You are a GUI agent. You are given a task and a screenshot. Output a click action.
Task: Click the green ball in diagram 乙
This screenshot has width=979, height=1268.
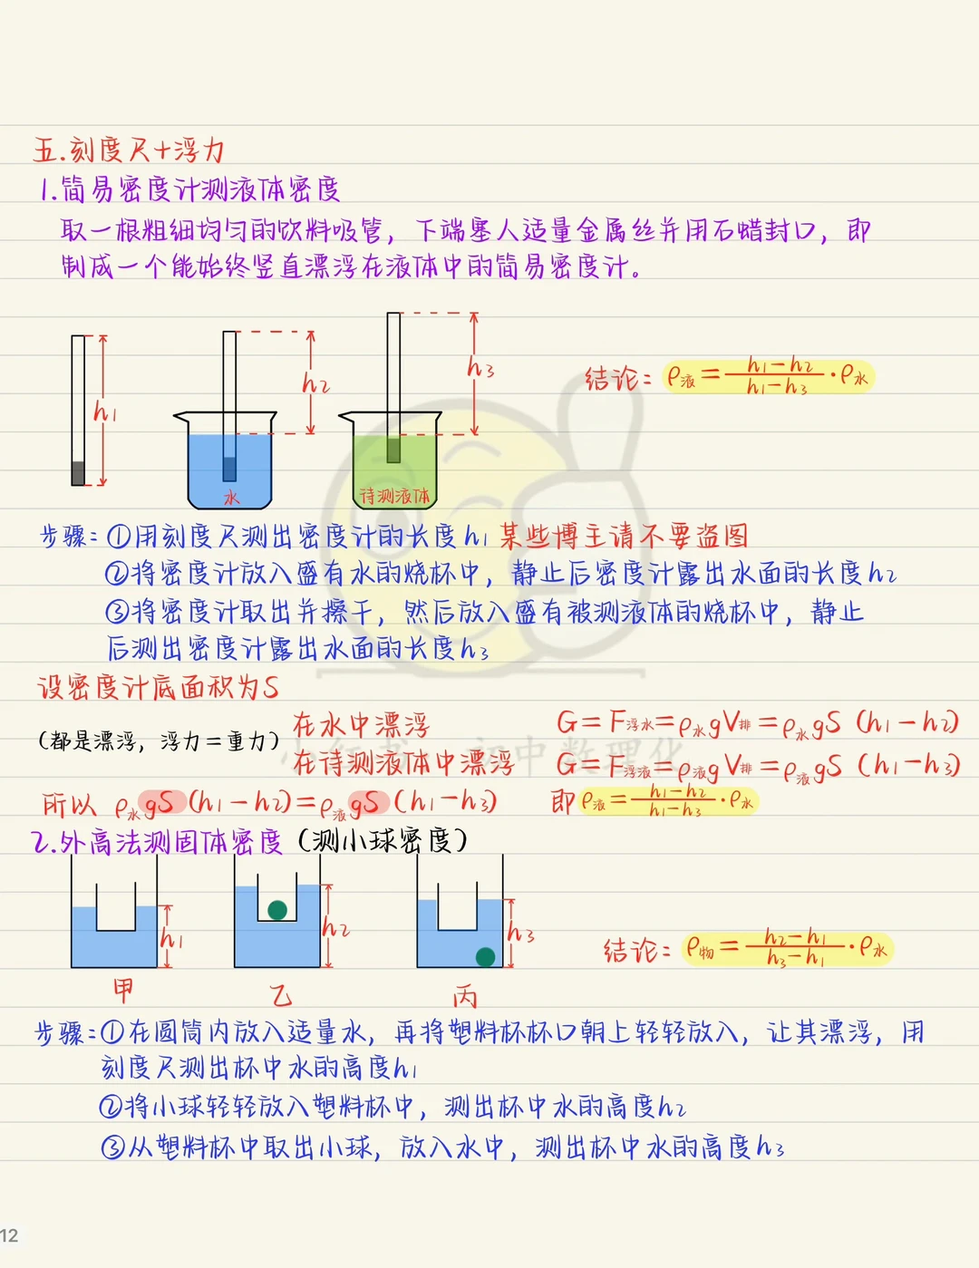(x=278, y=910)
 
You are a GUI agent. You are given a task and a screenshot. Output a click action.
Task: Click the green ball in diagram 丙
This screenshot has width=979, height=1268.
(x=485, y=956)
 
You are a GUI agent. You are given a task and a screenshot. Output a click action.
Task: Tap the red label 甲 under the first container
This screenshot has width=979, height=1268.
(x=123, y=989)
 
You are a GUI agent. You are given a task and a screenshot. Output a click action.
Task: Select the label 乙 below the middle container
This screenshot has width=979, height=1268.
(x=281, y=996)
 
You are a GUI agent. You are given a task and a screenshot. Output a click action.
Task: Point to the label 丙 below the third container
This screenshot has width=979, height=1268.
(x=465, y=997)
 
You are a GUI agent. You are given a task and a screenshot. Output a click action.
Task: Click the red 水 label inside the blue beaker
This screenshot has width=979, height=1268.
(x=232, y=497)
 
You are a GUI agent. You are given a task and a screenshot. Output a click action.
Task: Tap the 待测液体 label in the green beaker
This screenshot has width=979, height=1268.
(x=394, y=496)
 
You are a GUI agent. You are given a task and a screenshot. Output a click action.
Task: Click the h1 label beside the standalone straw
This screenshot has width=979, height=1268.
(x=105, y=413)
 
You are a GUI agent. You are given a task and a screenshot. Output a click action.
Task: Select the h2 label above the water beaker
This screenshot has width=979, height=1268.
(x=315, y=384)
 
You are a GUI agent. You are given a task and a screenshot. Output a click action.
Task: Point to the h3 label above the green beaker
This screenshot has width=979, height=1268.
(x=480, y=368)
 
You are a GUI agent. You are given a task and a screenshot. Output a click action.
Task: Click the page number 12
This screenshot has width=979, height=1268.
(x=9, y=1235)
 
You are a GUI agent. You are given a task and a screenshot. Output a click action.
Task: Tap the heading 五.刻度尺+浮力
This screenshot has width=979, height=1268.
(x=129, y=150)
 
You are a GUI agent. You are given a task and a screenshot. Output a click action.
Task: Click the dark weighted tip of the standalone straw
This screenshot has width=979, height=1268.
(x=78, y=473)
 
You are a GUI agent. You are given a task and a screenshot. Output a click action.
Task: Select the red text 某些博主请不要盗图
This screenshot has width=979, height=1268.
(x=625, y=537)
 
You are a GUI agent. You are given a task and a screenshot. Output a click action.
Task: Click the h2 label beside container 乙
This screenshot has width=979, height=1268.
(x=335, y=928)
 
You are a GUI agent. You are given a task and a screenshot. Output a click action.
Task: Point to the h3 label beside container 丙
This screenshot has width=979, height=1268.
(x=520, y=934)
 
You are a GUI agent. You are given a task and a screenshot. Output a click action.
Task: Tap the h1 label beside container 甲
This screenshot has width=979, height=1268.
(x=171, y=938)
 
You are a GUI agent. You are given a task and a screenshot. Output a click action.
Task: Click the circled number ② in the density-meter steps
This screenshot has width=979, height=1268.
(x=117, y=574)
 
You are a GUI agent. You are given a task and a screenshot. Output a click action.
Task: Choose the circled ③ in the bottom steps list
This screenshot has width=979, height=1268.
(x=112, y=1147)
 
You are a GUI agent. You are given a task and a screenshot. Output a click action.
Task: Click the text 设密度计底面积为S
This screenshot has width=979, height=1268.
(x=158, y=687)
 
